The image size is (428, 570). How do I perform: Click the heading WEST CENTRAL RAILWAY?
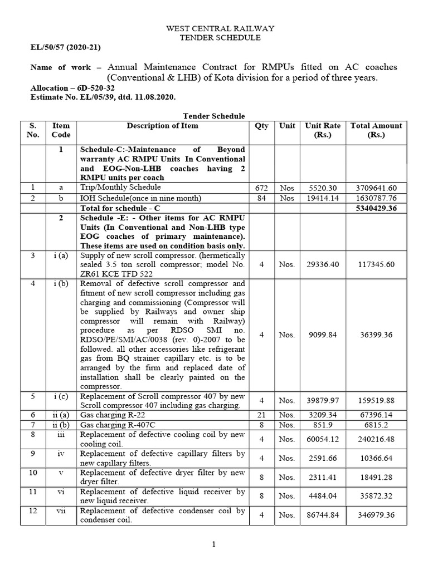tap(213, 28)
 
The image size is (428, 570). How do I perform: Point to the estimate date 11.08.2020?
tap(154, 97)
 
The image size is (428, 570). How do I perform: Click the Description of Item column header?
tap(162, 126)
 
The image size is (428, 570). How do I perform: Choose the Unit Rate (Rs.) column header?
tap(323, 130)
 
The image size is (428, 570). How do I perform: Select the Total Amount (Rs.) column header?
tap(375, 130)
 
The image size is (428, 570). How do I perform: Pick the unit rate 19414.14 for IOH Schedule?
tap(323, 199)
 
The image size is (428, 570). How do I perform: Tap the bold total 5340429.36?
tap(375, 209)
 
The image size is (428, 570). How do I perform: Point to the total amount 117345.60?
tap(375, 264)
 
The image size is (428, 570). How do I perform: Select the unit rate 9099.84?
tap(323, 335)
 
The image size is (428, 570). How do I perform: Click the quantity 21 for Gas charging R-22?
tap(261, 415)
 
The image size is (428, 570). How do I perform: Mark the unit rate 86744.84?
tap(323, 515)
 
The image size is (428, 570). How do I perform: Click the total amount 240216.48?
tap(375, 439)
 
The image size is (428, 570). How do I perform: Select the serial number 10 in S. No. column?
tap(33, 473)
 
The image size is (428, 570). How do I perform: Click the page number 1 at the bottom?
tap(213, 544)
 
